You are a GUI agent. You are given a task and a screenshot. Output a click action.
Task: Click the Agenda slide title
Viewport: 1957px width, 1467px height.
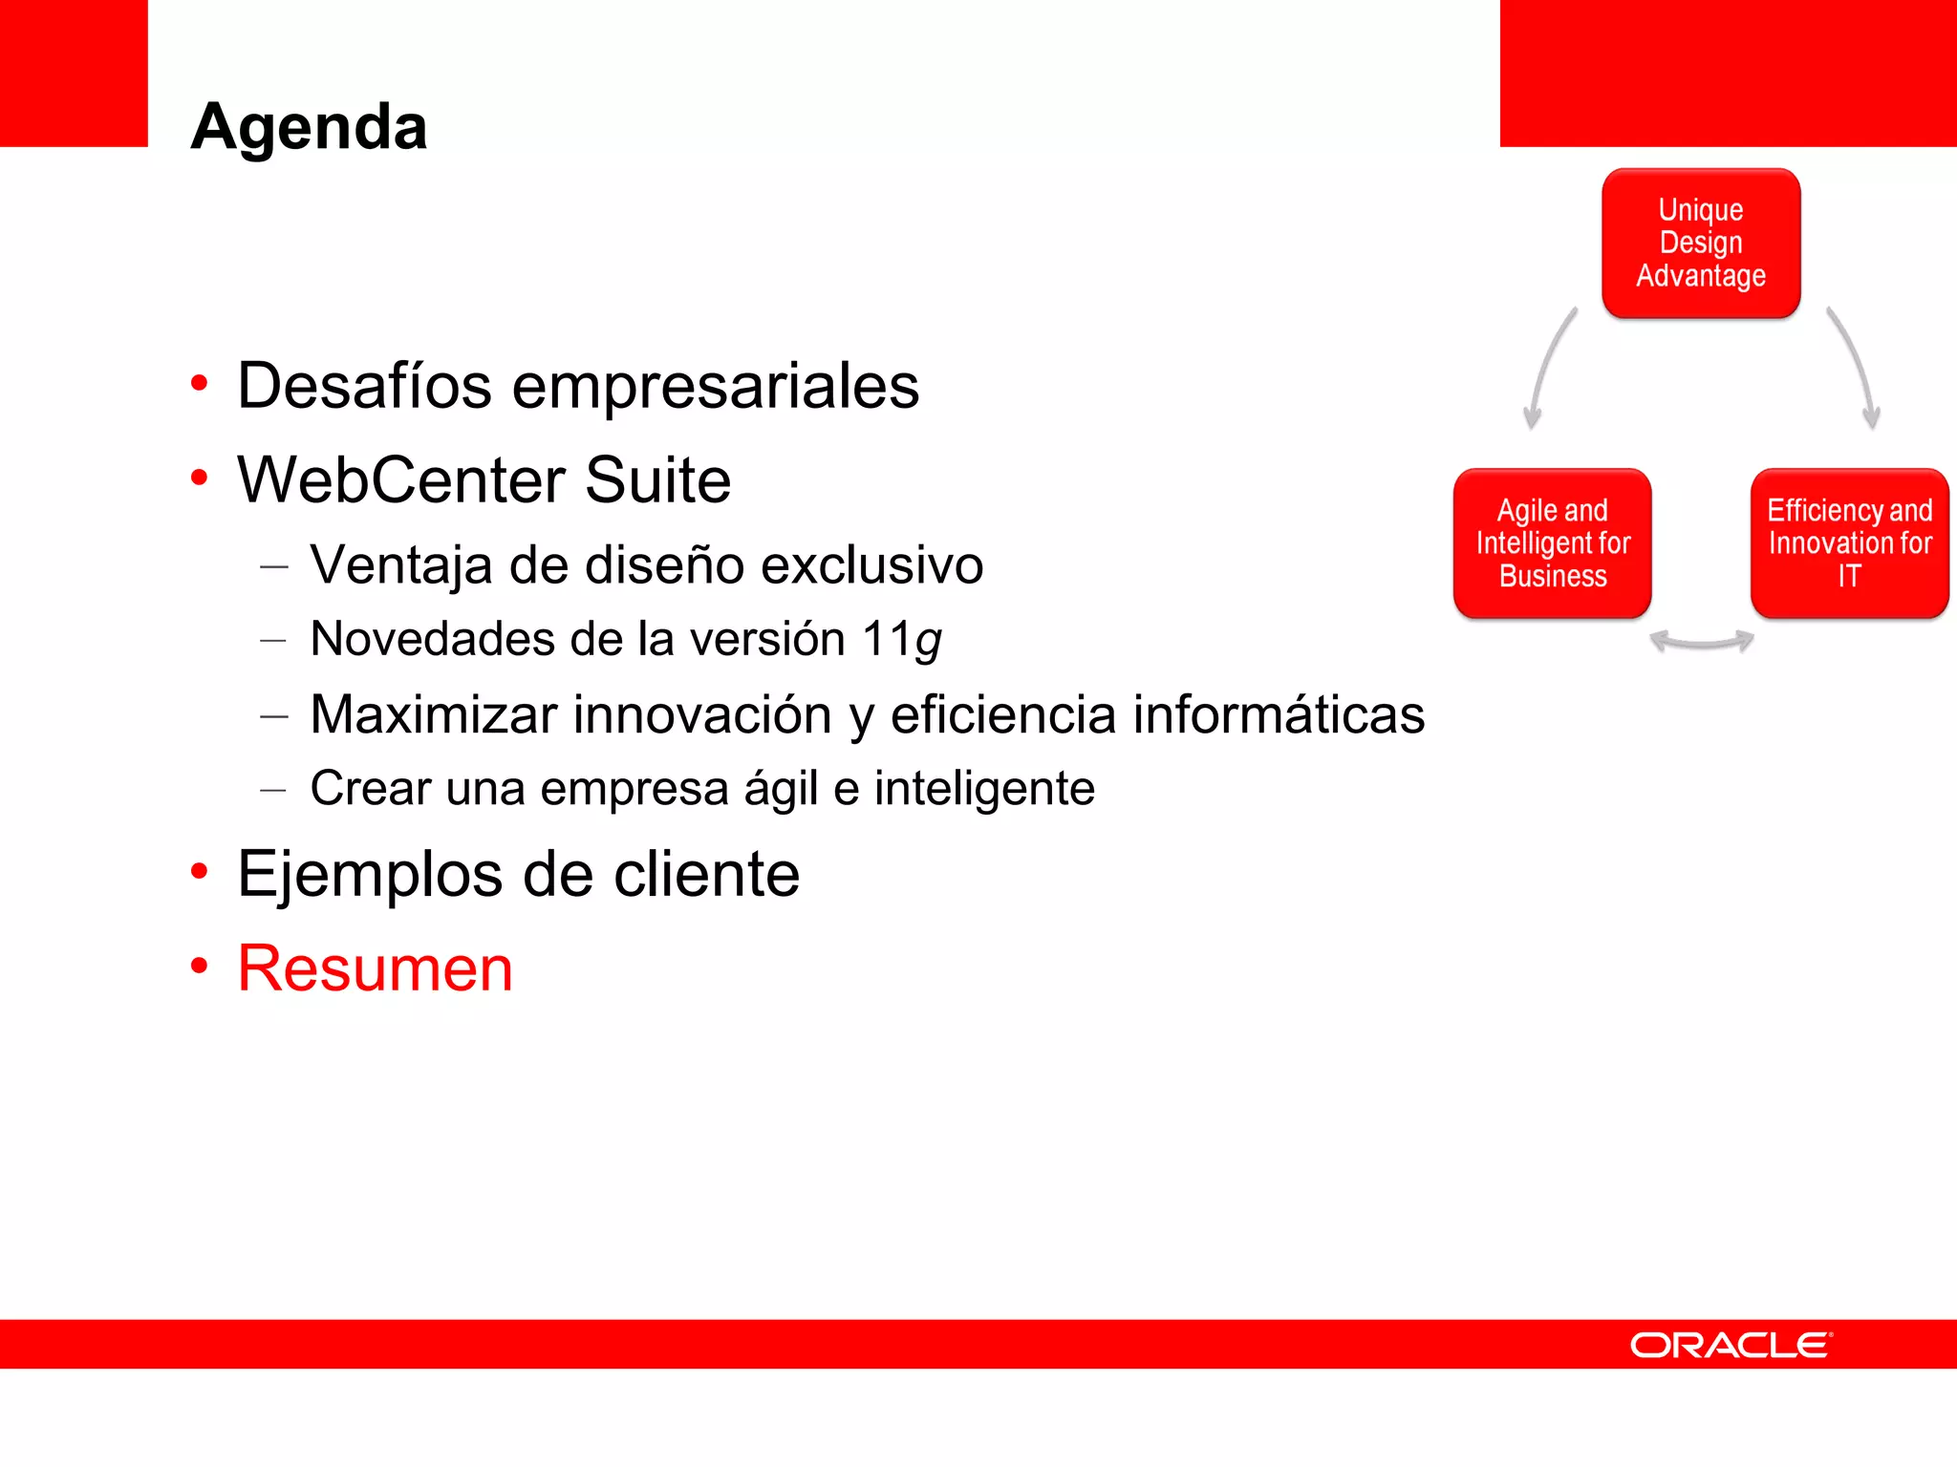point(309,126)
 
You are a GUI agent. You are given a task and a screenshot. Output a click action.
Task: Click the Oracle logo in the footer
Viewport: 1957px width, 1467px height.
point(1731,1345)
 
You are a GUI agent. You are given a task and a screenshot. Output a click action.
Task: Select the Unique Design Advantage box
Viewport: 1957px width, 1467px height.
point(1701,243)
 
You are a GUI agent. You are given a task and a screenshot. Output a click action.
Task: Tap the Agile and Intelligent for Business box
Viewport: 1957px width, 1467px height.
point(1552,542)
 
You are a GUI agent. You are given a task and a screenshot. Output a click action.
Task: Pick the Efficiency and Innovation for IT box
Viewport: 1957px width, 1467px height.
point(1849,542)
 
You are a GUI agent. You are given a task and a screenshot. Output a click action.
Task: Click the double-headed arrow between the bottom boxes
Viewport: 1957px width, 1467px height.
point(1701,642)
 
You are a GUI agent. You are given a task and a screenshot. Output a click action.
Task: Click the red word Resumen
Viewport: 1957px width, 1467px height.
point(375,968)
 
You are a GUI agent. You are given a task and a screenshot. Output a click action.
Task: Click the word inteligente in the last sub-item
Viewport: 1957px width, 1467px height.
point(984,789)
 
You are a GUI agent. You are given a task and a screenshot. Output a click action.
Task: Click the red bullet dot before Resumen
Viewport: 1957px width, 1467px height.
point(199,966)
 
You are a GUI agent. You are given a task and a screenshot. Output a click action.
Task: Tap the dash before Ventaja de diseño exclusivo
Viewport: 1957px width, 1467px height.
point(273,566)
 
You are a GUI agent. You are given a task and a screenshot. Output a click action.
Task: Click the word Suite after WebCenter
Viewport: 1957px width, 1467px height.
point(657,479)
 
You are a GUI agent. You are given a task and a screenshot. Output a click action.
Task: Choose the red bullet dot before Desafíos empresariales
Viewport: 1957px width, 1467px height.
point(199,383)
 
